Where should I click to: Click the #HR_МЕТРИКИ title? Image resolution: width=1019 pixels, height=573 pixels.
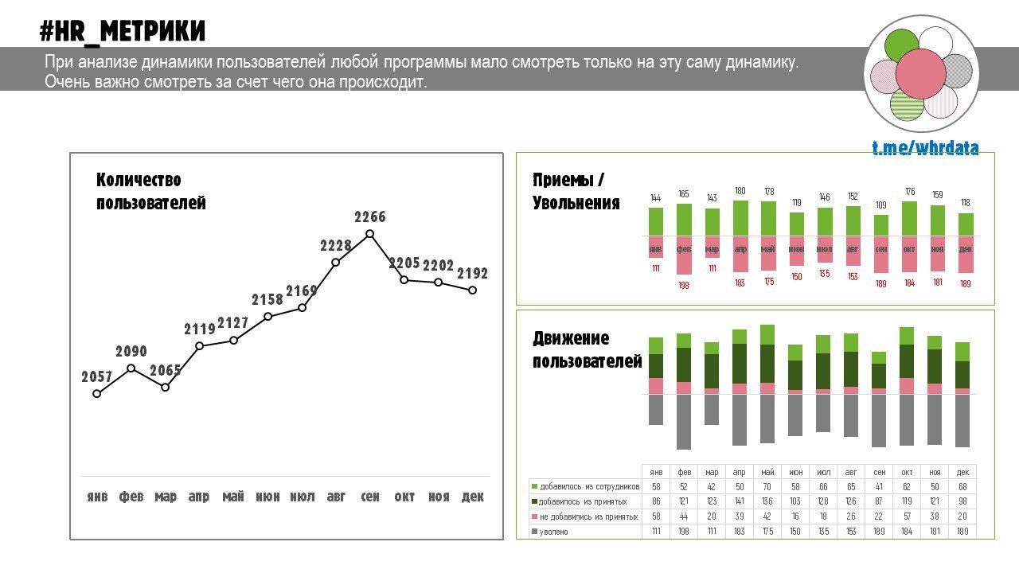point(123,31)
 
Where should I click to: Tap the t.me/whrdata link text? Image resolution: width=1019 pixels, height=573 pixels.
point(925,148)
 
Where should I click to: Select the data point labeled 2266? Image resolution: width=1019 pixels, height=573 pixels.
point(369,234)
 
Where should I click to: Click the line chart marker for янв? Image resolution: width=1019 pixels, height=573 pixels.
point(97,393)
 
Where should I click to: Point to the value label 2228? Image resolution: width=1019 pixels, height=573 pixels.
point(336,246)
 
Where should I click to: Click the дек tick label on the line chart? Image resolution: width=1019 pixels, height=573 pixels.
point(473,497)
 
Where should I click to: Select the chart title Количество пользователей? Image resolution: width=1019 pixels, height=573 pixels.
point(150,191)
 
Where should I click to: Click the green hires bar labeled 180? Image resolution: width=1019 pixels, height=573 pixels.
point(740,217)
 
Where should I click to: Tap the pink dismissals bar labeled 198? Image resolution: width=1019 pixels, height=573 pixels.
point(684,255)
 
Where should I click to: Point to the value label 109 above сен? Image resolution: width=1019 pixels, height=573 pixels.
point(880,205)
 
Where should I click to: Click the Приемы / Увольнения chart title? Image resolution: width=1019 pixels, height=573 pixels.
point(576,191)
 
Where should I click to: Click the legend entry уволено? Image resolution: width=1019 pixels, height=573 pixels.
point(554,532)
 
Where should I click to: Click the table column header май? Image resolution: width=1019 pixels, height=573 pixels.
point(767,472)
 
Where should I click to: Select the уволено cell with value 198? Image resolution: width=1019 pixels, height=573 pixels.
point(684,532)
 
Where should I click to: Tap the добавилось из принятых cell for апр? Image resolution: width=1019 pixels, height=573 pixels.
point(740,501)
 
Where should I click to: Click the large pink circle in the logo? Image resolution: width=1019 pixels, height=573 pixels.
point(920,74)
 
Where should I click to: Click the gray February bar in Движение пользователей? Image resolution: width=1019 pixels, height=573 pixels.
point(684,422)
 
